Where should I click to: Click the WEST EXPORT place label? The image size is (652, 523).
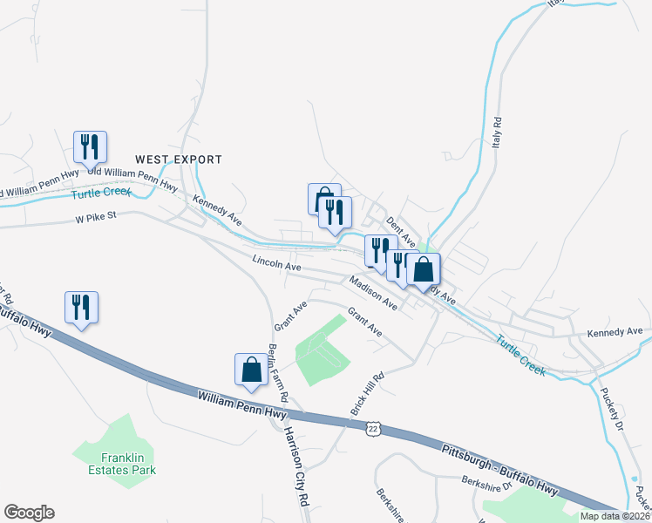point(179,160)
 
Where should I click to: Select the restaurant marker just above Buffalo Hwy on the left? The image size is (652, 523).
point(81,307)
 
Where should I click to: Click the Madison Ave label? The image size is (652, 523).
point(373,293)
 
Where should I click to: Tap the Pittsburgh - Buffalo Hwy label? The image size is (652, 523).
point(499,465)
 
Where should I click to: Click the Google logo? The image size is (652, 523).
point(29,513)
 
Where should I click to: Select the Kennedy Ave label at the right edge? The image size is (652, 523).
point(615,331)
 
